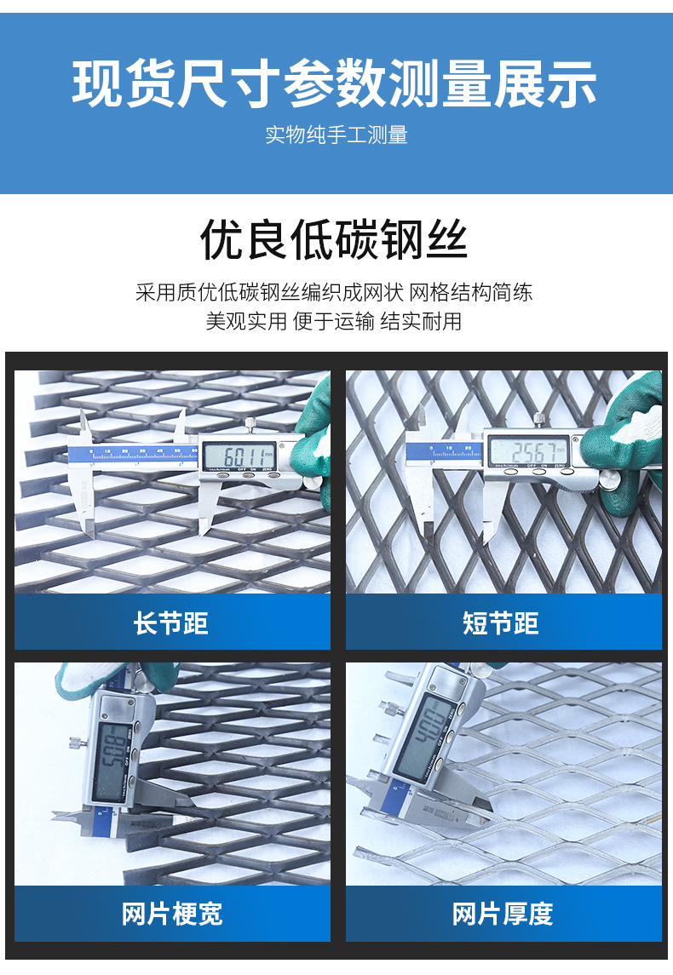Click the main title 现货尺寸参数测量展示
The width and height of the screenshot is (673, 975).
pyautogui.click(x=336, y=83)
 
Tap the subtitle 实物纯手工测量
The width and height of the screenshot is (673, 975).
pyautogui.click(x=336, y=135)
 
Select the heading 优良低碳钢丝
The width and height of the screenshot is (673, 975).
pyautogui.click(x=334, y=239)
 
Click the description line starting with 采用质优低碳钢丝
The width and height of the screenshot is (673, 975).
pyautogui.click(x=334, y=293)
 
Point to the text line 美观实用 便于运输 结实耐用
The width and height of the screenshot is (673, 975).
pyautogui.click(x=334, y=322)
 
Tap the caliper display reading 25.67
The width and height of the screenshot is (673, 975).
pyautogui.click(x=528, y=450)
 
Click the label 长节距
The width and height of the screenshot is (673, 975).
pyautogui.click(x=171, y=623)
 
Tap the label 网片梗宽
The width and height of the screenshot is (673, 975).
pyautogui.click(x=171, y=914)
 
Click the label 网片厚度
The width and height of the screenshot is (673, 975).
pyautogui.click(x=503, y=914)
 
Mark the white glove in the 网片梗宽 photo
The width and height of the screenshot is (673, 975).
pyautogui.click(x=81, y=677)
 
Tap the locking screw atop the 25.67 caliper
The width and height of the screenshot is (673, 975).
pyautogui.click(x=538, y=419)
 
